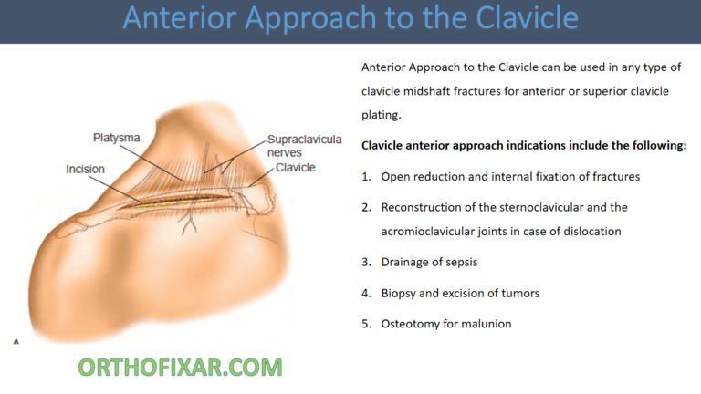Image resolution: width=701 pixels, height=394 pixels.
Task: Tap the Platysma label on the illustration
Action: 117,137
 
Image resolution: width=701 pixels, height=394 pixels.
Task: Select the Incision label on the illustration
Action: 85,169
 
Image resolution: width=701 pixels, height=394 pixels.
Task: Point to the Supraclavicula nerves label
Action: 304,147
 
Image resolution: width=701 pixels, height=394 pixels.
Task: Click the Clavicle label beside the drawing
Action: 295,168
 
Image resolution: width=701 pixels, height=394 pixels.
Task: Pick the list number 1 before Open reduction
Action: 366,176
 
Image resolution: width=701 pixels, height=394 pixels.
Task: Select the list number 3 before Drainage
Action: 366,262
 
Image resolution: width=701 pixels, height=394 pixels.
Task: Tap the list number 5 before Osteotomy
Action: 366,323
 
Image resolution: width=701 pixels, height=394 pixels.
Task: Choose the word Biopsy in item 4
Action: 402,293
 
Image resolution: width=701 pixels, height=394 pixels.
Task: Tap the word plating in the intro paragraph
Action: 381,115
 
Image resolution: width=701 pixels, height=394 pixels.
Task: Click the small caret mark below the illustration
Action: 16,341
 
